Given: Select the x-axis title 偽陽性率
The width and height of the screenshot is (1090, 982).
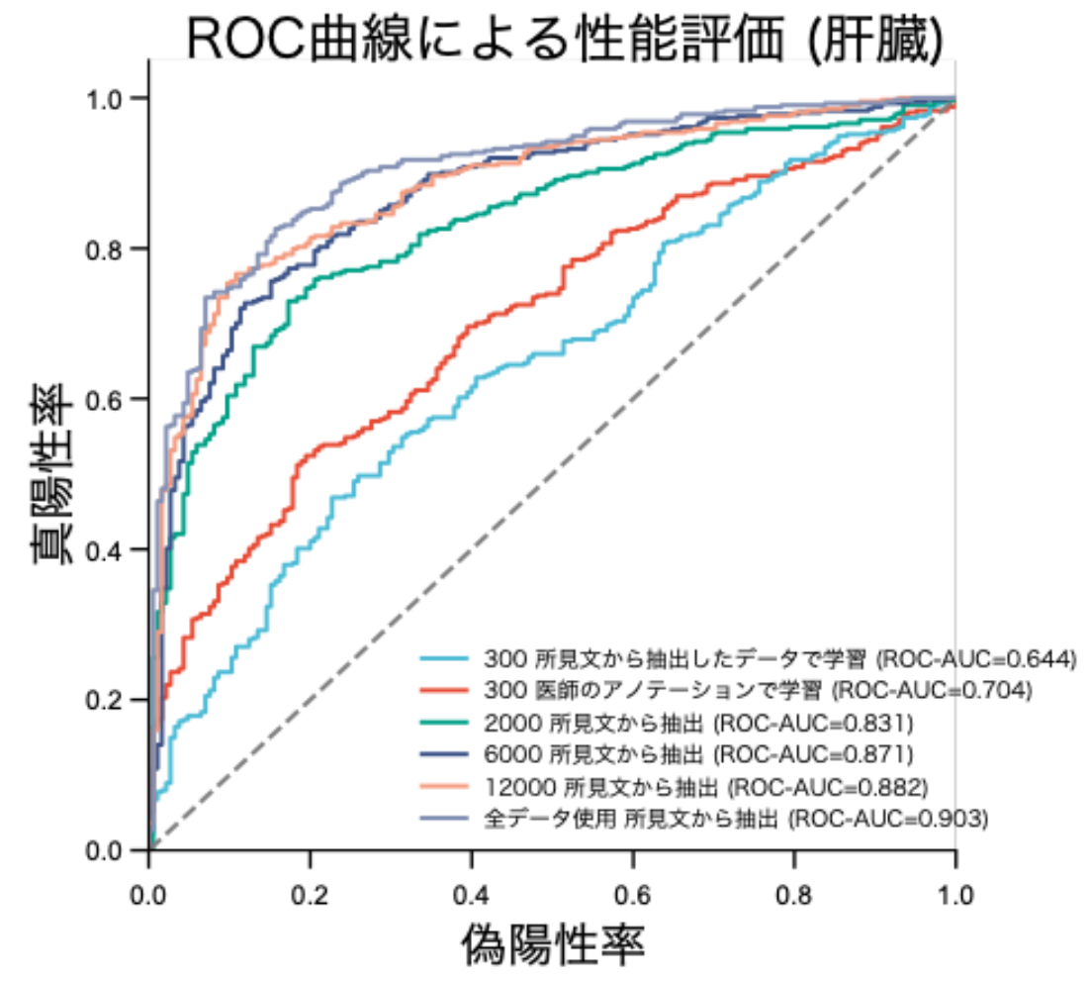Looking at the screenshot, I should (553, 944).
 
